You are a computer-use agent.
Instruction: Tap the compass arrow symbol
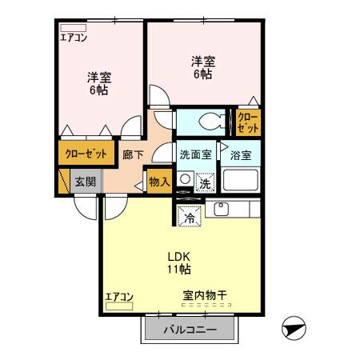293,328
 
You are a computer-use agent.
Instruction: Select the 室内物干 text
205,296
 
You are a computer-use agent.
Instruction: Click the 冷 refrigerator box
190,216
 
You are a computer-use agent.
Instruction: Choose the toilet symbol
205,121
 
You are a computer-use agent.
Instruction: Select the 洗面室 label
195,155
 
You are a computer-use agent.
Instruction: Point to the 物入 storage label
159,182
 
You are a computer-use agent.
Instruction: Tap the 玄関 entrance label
85,182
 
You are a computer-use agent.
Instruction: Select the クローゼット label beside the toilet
248,122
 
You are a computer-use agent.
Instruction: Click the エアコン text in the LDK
118,295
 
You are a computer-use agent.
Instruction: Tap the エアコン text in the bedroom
74,36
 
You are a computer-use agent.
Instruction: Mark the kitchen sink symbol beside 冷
222,211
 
